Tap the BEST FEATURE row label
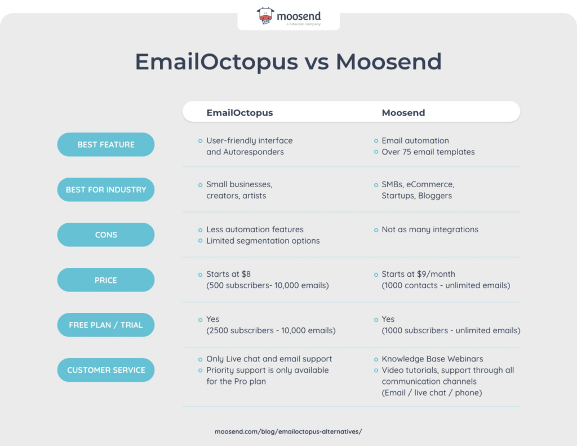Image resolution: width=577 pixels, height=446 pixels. click(x=106, y=145)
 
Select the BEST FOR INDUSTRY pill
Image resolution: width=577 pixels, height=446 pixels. click(x=106, y=190)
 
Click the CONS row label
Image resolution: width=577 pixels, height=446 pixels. click(x=106, y=235)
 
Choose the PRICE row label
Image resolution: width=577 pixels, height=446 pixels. click(x=106, y=280)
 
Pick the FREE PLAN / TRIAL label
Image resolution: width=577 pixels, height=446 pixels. click(x=106, y=325)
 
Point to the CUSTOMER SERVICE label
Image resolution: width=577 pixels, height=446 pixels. click(x=106, y=370)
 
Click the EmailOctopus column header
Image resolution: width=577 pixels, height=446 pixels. click(x=239, y=113)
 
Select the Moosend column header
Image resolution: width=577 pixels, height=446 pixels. click(x=403, y=113)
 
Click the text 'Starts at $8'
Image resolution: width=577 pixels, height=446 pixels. click(x=228, y=275)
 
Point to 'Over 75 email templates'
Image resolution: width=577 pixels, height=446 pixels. click(x=428, y=152)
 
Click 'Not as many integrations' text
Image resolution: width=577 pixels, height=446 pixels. click(x=430, y=229)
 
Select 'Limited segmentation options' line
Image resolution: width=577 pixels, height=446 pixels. click(x=263, y=241)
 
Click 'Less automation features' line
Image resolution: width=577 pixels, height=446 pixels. click(x=255, y=229)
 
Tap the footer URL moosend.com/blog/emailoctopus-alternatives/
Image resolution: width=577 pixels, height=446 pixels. click(x=288, y=431)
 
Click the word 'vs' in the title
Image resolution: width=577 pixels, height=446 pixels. click(x=317, y=62)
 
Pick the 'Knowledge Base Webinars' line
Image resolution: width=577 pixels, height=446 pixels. click(x=432, y=359)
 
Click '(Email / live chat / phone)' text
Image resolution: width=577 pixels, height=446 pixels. click(x=432, y=392)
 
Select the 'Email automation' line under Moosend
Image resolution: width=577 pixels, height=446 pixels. click(x=415, y=140)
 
